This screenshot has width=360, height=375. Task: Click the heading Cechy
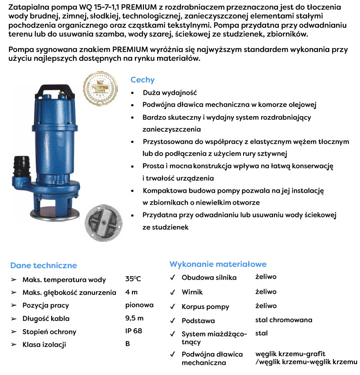click(x=142, y=80)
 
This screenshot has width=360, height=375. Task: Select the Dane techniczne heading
click(x=44, y=265)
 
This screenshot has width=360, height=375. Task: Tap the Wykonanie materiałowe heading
click(x=218, y=264)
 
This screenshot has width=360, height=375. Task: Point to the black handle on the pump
click(x=53, y=89)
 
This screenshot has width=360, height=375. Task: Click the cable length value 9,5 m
click(x=134, y=318)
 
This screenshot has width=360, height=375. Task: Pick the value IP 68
click(x=134, y=331)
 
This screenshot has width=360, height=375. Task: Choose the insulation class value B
click(x=127, y=344)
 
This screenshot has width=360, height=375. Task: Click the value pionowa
click(x=139, y=305)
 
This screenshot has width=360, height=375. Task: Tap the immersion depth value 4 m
click(x=131, y=292)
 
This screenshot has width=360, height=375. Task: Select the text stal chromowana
click(x=284, y=320)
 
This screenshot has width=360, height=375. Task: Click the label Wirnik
click(x=192, y=292)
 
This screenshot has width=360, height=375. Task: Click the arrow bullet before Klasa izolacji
click(x=13, y=345)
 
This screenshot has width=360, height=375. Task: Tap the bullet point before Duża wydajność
click(x=134, y=94)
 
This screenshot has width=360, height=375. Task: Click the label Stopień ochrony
click(x=49, y=332)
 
